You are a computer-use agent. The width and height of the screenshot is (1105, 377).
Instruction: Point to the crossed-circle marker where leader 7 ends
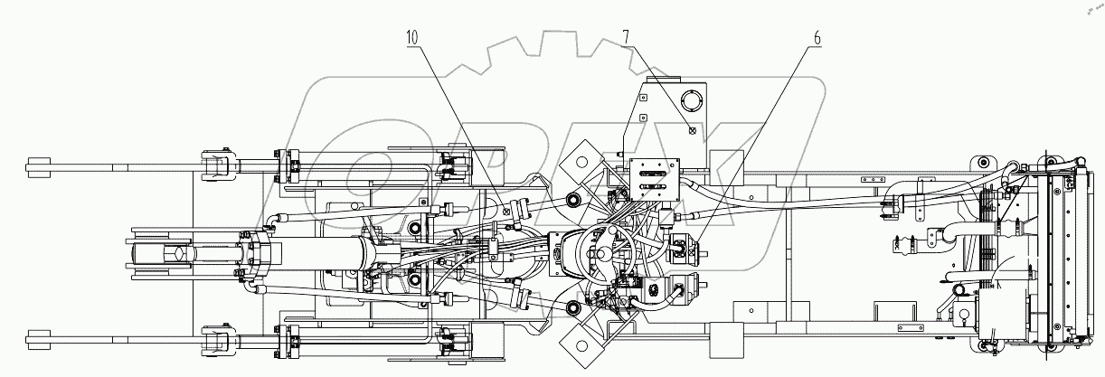(x=692, y=129)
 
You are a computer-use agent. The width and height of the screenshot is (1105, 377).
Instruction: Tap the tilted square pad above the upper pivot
(x=579, y=163)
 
